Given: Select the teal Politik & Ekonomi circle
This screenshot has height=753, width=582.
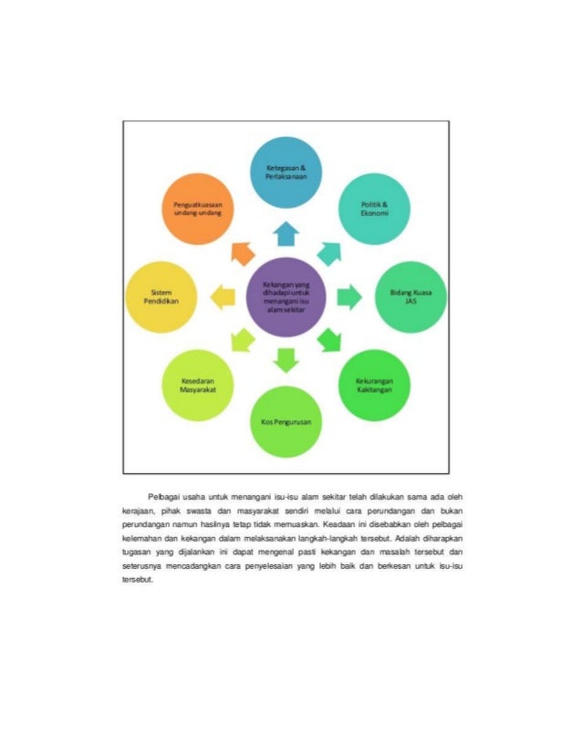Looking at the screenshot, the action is coord(373,207).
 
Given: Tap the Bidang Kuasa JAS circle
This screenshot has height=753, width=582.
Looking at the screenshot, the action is coord(410,296).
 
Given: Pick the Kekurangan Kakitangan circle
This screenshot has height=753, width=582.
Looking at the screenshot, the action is coord(374,386).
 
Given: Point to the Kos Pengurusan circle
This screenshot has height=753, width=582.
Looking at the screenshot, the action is coord(286,423).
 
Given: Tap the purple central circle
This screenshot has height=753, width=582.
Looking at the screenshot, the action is coord(286,296).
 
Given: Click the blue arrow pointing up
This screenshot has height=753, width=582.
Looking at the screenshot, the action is coord(286,234).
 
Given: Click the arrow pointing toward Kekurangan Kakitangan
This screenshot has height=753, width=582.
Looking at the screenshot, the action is coord(329,340).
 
